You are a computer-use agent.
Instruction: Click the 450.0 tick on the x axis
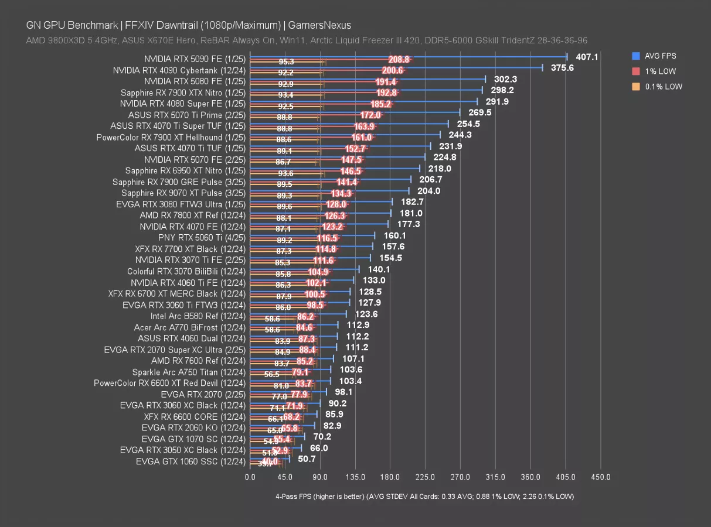[601, 477]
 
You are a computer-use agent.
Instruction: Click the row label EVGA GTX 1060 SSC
[190, 461]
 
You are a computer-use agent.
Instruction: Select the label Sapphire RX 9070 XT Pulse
[183, 193]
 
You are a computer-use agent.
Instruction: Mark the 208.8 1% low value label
[399, 59]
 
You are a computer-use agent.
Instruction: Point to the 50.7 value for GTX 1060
[307, 459]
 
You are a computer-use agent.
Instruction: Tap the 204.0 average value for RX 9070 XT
[428, 191]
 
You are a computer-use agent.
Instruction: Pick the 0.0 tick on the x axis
[250, 477]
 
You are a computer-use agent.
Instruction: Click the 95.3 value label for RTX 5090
[287, 62]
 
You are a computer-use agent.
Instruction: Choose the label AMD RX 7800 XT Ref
[193, 215]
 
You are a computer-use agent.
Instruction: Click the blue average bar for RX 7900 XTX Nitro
[366, 90]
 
